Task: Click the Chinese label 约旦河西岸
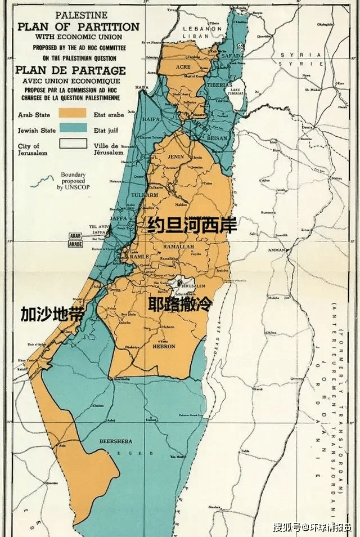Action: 192,226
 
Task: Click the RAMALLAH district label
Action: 178,247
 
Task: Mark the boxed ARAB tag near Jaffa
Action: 75,236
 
